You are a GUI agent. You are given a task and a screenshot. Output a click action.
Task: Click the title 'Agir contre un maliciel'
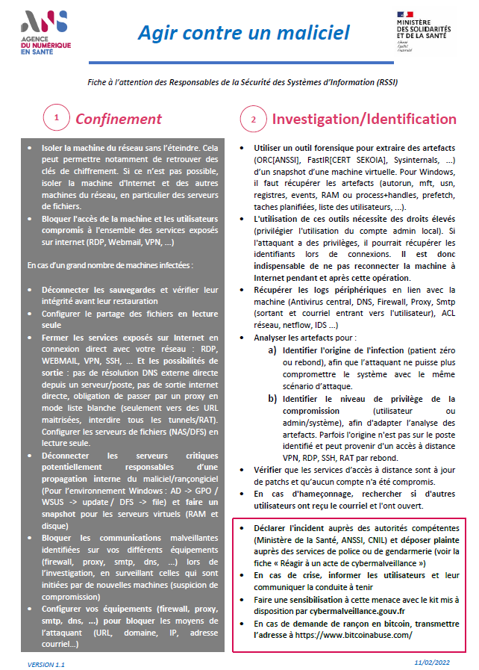pyautogui.click(x=243, y=33)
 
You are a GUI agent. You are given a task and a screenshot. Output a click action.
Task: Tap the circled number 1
pyautogui.click(x=57, y=118)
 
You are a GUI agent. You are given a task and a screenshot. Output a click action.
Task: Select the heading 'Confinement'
pyautogui.click(x=119, y=119)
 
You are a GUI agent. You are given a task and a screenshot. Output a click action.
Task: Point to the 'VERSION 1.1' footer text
pyautogui.click(x=46, y=663)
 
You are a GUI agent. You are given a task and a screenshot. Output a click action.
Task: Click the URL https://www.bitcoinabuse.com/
pyautogui.click(x=357, y=635)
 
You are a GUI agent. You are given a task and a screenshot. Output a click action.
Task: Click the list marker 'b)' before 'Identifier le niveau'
pyautogui.click(x=273, y=400)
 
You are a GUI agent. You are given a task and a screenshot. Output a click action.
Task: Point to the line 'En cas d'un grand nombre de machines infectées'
pyautogui.click(x=110, y=265)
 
